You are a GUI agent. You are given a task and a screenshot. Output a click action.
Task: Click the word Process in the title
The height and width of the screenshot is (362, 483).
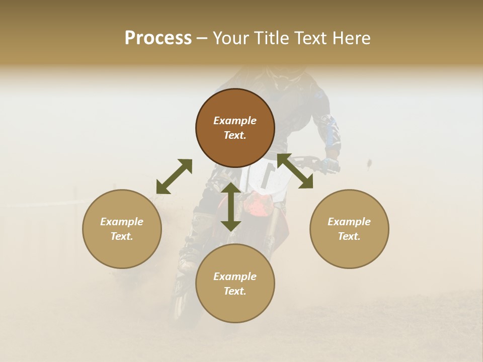coord(158,38)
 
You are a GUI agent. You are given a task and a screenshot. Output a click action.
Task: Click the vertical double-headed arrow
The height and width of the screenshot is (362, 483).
coord(231,207)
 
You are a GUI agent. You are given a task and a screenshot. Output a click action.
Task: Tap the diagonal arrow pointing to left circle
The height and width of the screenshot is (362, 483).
coord(174,176)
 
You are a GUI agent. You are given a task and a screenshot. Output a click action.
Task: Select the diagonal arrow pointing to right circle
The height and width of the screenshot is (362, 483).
coord(295,171)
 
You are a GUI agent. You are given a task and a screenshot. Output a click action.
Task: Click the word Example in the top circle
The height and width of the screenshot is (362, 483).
coord(235,121)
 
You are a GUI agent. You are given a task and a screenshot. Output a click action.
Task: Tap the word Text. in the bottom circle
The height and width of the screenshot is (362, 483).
coord(235,291)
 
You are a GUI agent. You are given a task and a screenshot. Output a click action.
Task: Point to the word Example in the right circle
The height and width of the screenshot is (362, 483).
coord(349,222)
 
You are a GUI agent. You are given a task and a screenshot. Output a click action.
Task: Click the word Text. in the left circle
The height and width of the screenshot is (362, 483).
coord(122,236)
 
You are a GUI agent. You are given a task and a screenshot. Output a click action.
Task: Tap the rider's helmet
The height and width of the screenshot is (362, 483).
coord(284,74)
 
